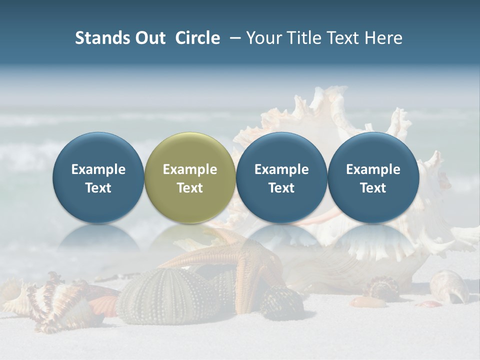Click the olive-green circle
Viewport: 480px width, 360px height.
189,177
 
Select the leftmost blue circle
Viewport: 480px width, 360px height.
98,177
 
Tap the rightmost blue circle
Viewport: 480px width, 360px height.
373,177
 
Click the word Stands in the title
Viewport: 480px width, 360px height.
102,38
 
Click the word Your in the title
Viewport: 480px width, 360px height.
263,38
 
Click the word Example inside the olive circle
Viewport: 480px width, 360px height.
189,169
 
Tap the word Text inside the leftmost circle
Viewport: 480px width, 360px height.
98,188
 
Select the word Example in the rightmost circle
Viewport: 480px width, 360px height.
373,169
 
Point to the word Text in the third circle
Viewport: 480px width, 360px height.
281,188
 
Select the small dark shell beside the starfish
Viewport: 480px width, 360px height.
281,303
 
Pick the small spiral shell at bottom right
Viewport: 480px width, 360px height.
450,286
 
